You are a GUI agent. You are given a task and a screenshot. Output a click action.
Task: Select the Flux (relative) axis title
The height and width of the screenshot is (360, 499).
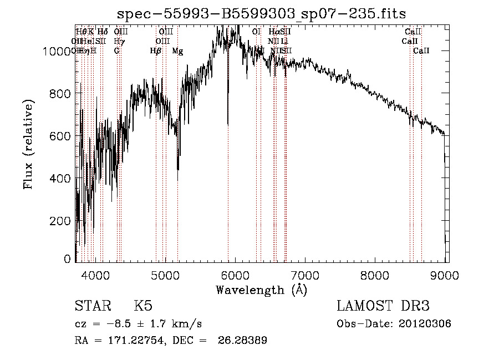click(x=28, y=144)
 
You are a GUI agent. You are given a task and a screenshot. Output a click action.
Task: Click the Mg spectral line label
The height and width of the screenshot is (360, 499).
click(x=177, y=51)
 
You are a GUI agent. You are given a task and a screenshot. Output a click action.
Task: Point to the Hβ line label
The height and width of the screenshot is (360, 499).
click(x=156, y=51)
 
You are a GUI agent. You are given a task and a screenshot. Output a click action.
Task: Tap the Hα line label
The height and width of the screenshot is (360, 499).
click(x=274, y=32)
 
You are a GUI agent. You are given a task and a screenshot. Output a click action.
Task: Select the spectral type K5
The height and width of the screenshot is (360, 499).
click(x=143, y=306)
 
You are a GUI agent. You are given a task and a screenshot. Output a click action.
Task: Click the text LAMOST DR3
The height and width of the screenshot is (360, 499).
click(x=383, y=306)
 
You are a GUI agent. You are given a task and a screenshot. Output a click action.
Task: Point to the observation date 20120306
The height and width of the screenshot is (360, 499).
click(x=427, y=324)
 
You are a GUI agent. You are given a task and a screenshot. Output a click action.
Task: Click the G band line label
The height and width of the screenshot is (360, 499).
click(x=117, y=51)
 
